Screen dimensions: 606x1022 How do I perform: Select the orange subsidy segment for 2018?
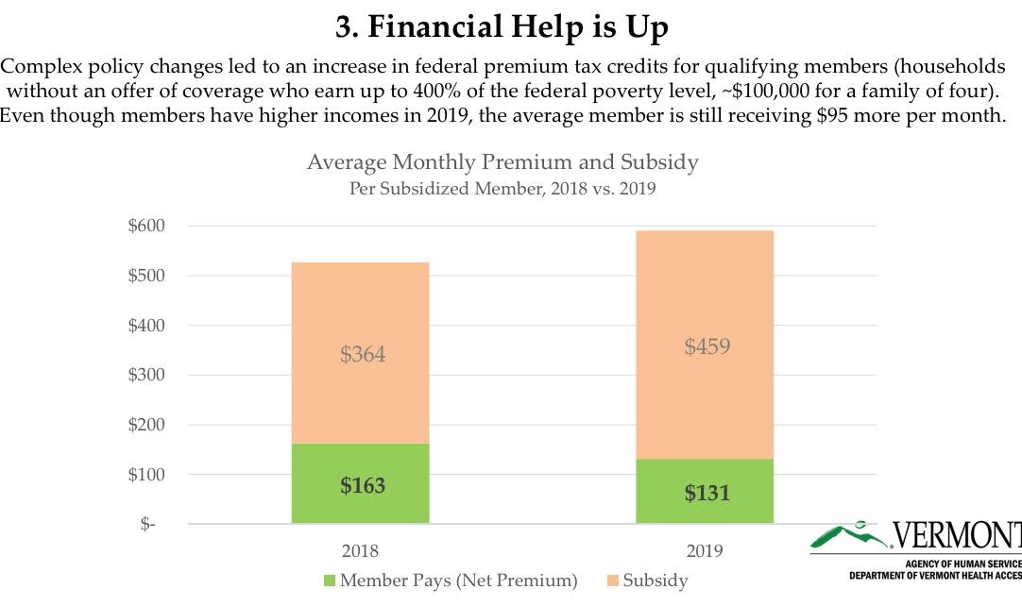click(360, 311)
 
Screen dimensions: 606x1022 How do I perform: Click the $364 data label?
click(363, 355)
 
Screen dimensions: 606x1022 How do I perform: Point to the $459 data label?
click(707, 346)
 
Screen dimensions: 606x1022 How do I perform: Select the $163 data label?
click(363, 486)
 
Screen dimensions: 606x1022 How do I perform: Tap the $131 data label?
click(707, 493)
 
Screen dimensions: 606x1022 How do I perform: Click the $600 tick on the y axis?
click(146, 227)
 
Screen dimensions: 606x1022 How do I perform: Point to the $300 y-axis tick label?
click(146, 375)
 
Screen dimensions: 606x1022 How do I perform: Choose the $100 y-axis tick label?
click(146, 474)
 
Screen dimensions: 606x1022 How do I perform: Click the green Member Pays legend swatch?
click(329, 581)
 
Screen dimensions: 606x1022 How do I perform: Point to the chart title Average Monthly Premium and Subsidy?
click(502, 162)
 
